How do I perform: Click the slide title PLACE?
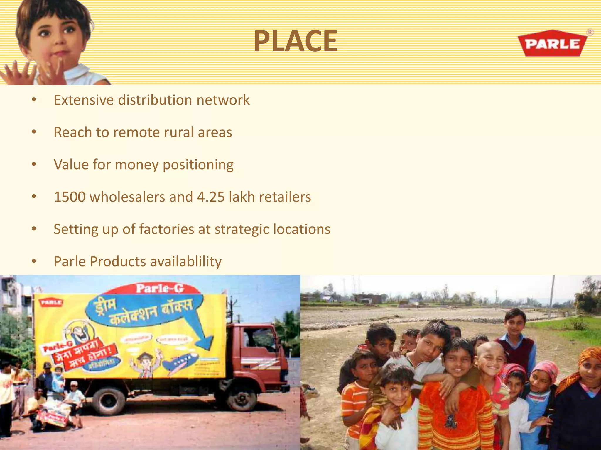[x=296, y=41]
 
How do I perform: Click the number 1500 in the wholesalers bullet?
[x=70, y=197]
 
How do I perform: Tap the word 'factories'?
[x=166, y=229]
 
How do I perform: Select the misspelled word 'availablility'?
[x=186, y=262]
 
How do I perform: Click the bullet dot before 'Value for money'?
[x=34, y=165]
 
